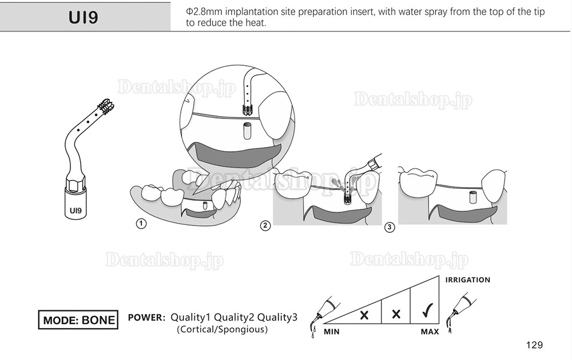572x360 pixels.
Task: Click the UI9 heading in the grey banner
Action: click(x=83, y=17)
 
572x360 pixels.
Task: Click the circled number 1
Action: click(x=141, y=224)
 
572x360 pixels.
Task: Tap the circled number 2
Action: click(x=265, y=226)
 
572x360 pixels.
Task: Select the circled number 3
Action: click(x=390, y=227)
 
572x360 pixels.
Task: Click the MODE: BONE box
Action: click(x=78, y=320)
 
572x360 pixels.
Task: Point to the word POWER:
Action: click(x=146, y=317)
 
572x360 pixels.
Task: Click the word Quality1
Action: click(x=190, y=317)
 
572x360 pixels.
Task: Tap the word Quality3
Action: click(x=277, y=317)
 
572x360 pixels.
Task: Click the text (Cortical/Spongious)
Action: click(x=222, y=329)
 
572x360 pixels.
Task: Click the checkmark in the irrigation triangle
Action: click(x=427, y=310)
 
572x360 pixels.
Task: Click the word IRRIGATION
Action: click(x=468, y=280)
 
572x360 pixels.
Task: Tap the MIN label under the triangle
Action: click(x=332, y=332)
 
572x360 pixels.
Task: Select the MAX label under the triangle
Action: click(x=430, y=332)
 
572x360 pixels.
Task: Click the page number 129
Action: click(x=534, y=345)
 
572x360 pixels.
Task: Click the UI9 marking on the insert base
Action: click(x=76, y=211)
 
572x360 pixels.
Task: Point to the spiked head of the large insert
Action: click(x=106, y=106)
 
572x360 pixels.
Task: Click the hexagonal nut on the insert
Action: click(x=76, y=183)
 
